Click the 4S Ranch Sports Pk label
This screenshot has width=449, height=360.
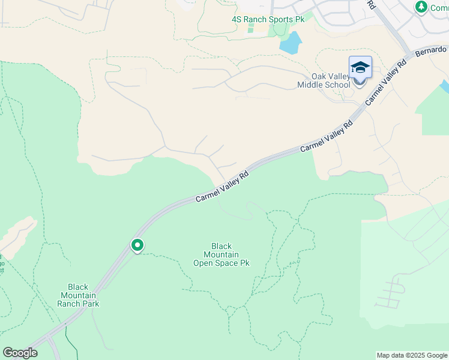(268, 20)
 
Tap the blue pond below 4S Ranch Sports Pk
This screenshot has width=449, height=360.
(291, 42)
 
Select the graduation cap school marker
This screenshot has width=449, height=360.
(360, 67)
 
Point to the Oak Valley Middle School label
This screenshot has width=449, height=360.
(324, 80)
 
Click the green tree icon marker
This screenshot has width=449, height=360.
(421, 7)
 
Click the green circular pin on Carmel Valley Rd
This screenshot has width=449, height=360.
(137, 245)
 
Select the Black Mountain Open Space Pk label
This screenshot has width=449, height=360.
(221, 254)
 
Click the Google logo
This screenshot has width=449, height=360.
(20, 353)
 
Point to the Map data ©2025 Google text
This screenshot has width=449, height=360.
(412, 355)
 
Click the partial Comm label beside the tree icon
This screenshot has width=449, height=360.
(439, 8)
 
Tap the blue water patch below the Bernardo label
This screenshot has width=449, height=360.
(444, 86)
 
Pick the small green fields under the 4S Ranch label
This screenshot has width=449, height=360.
(252, 28)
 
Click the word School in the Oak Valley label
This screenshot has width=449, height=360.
(337, 85)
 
